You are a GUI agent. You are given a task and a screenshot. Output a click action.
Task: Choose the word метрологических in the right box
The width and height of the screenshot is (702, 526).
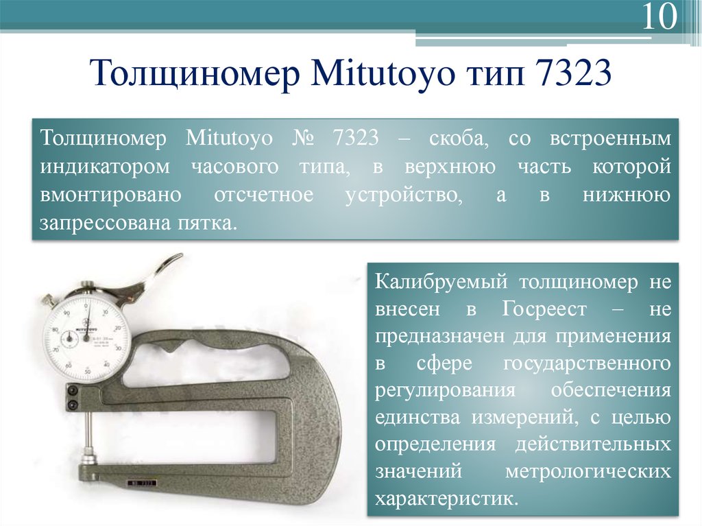588,471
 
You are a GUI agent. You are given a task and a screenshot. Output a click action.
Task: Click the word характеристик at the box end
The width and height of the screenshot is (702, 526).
445,497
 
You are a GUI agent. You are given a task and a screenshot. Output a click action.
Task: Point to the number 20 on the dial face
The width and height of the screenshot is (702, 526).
119,328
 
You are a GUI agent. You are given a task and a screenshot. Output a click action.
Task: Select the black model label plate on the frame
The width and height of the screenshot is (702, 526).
143,483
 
